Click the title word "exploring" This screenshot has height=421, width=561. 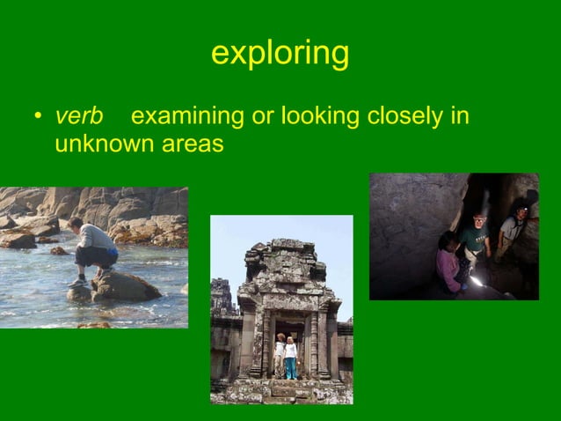280,54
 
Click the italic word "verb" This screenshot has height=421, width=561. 79,116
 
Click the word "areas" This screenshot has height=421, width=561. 193,144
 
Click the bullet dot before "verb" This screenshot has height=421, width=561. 38,117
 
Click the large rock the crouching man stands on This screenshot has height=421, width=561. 123,286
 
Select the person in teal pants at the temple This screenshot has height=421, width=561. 290,358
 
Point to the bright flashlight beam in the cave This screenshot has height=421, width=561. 477,281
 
